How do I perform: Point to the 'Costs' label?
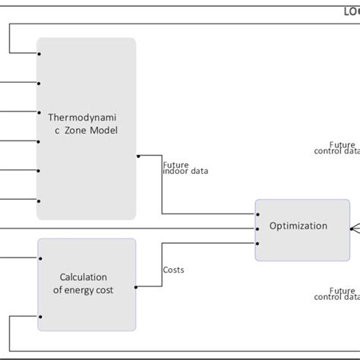pyautogui.click(x=173, y=270)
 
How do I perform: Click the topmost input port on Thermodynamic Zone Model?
pyautogui.click(x=38, y=54)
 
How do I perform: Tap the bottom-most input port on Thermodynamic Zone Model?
pyautogui.click(x=38, y=201)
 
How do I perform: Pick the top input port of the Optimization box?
pyautogui.click(x=257, y=214)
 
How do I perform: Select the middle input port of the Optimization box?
pyautogui.click(x=257, y=229)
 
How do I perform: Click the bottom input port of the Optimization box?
pyautogui.click(x=257, y=243)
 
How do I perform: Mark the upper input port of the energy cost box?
pyautogui.click(x=38, y=257)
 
